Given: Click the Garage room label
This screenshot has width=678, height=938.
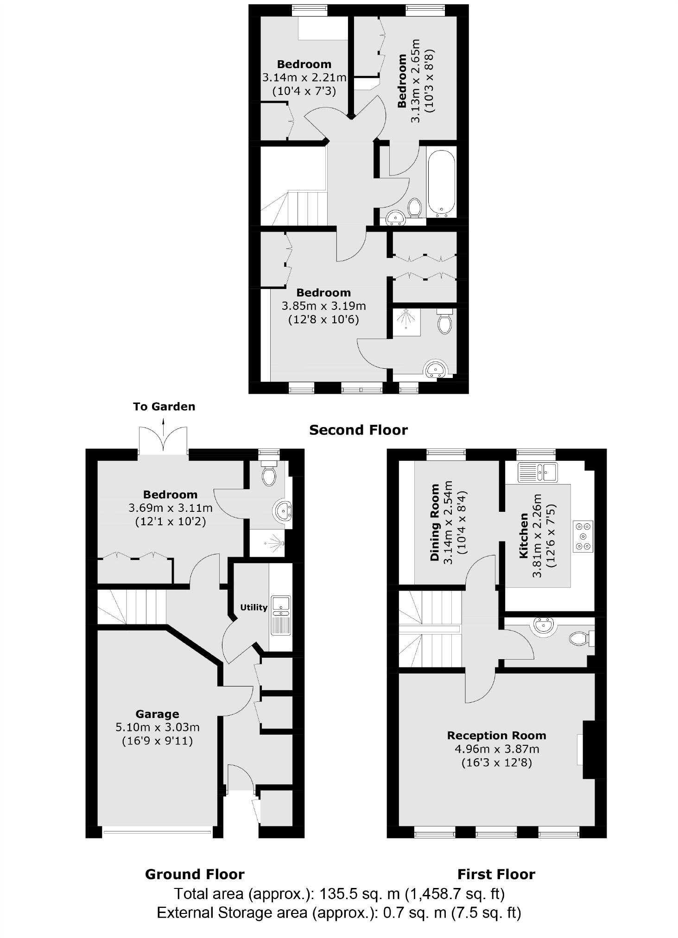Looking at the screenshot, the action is click(157, 714).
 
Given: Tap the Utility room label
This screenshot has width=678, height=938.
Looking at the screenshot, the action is click(253, 607).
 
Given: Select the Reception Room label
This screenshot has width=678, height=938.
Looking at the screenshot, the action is click(496, 736).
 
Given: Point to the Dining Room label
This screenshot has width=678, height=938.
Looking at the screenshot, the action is click(435, 523).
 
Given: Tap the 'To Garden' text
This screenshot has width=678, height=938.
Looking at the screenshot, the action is click(164, 407).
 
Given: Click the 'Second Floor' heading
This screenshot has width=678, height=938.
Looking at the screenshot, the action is click(358, 430).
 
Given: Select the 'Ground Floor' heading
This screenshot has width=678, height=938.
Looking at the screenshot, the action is click(195, 874).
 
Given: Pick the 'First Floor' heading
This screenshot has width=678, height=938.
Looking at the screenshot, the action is click(496, 874).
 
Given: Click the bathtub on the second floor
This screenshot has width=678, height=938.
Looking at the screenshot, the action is click(442, 183).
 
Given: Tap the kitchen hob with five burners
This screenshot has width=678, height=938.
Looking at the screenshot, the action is click(583, 536).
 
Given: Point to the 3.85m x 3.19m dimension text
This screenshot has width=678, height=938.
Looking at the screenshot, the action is click(324, 306).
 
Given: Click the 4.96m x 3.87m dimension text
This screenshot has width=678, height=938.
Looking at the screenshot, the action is click(496, 749).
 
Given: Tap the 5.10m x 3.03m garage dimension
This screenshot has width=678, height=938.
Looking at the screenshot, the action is click(158, 728).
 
